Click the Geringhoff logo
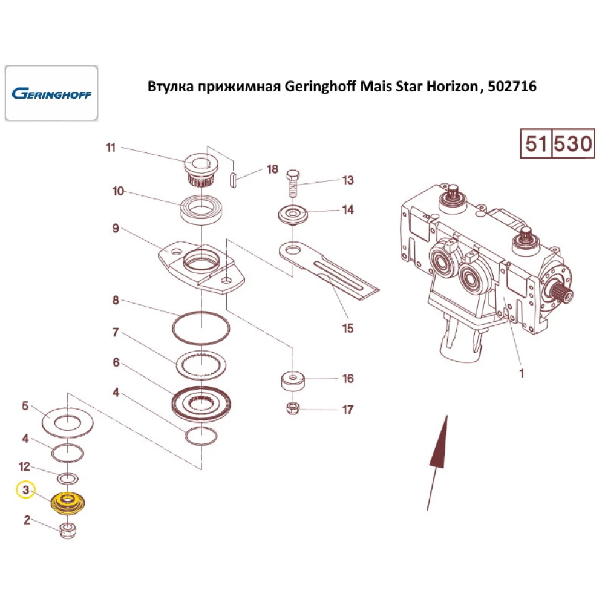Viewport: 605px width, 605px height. (x=51, y=94)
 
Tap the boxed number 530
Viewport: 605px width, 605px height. (x=574, y=144)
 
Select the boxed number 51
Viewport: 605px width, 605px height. (x=536, y=144)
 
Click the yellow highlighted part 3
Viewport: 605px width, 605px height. (x=68, y=503)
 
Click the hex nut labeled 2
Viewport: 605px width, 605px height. (x=68, y=531)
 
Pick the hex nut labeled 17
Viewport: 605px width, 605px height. (x=292, y=408)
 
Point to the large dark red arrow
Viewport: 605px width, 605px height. (x=438, y=448)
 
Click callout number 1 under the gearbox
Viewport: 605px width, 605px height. (x=521, y=373)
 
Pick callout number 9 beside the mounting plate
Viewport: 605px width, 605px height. (x=114, y=229)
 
